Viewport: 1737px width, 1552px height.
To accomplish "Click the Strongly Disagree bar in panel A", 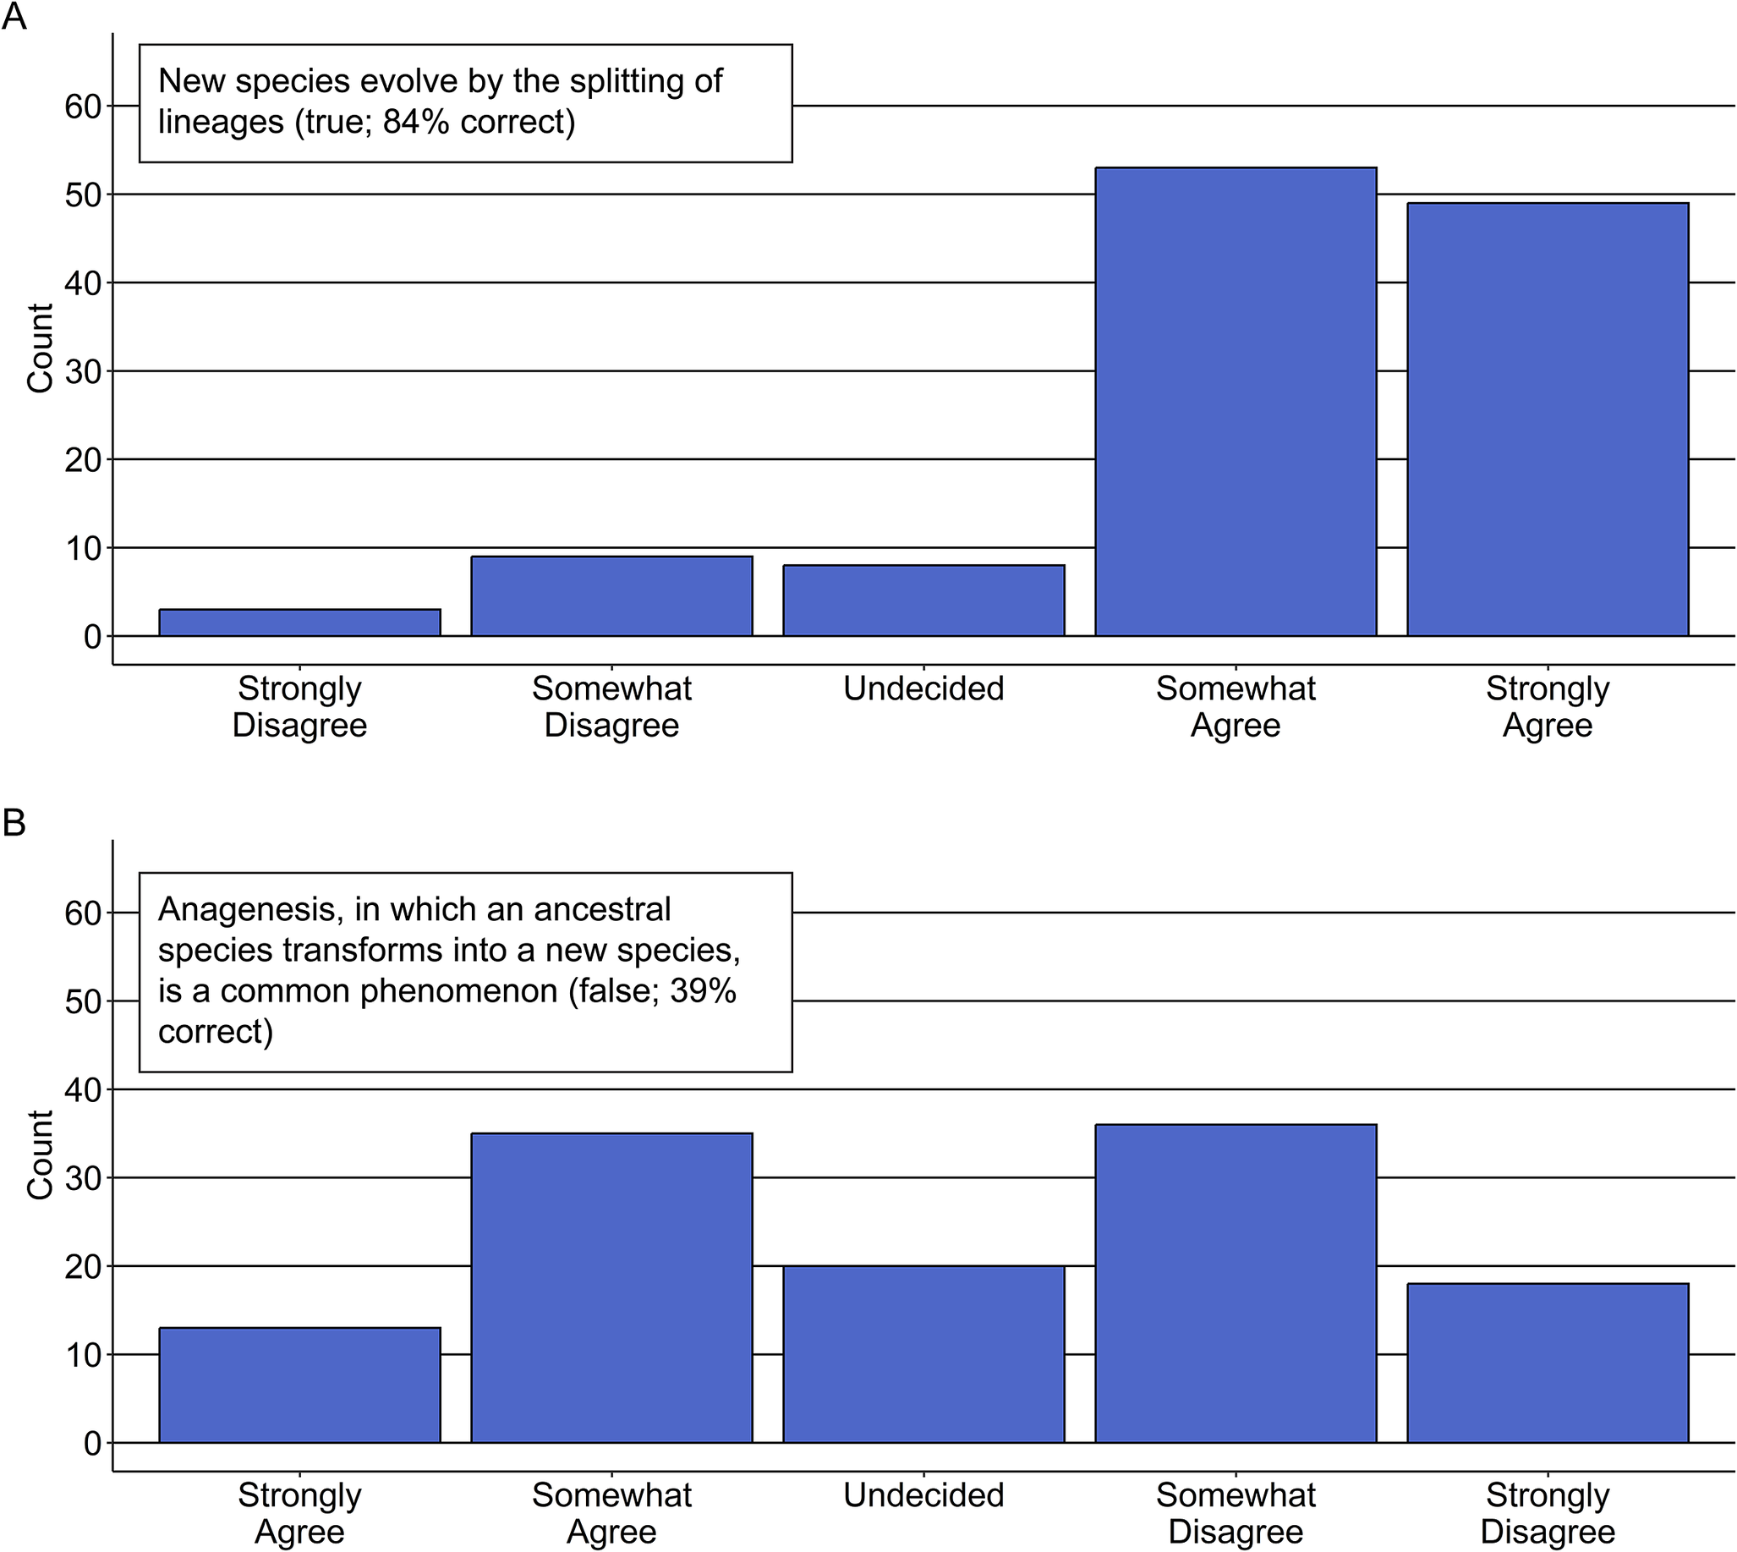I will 299,622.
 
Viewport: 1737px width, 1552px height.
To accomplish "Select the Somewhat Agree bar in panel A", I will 1236,402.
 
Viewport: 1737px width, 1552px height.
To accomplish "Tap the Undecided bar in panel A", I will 923,601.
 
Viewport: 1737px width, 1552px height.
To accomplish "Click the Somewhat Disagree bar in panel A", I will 611,596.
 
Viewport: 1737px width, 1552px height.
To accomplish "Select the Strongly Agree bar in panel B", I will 299,1385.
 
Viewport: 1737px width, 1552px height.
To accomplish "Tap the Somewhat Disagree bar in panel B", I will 1236,1283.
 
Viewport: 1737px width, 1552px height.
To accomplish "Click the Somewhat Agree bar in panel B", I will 611,1287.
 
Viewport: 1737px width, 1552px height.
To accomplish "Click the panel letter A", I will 14,16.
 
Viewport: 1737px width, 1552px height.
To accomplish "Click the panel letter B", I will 14,823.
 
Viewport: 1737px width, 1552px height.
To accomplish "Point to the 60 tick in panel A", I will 83,107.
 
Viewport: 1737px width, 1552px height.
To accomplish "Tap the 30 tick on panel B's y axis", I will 83,1178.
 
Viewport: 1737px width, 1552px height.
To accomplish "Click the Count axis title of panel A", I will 40,348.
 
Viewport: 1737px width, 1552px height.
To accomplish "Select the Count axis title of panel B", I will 40,1154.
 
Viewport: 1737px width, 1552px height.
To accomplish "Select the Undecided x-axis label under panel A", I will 923,689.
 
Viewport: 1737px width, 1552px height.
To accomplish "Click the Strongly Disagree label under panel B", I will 1548,1514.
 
